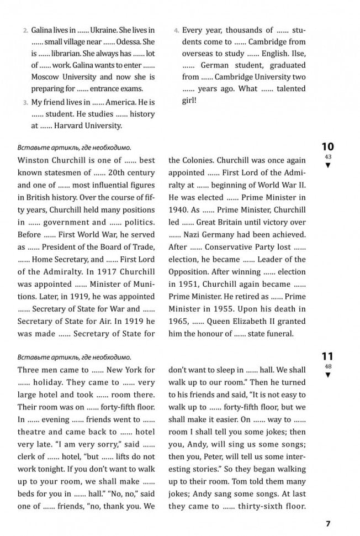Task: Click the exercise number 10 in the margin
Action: pos(327,148)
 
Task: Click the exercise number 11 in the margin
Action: pos(327,357)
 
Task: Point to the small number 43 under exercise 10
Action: pos(327,157)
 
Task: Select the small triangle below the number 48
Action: pos(327,375)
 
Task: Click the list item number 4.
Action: pos(176,30)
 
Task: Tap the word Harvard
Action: pos(78,126)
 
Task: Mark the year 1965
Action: pos(179,320)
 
